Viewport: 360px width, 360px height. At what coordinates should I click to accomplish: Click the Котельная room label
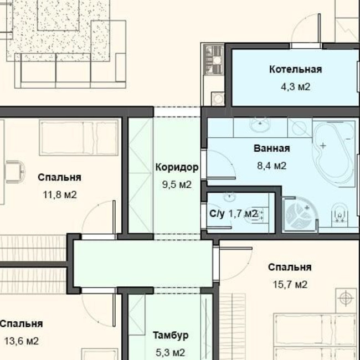pyautogui.click(x=296, y=69)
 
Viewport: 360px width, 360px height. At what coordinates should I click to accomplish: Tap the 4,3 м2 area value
pyautogui.click(x=296, y=87)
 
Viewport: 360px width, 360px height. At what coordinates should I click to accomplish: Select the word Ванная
pyautogui.click(x=271, y=148)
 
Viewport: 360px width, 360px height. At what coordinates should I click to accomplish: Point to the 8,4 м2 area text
pyautogui.click(x=271, y=166)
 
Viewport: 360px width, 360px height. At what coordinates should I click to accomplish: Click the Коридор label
pyautogui.click(x=177, y=167)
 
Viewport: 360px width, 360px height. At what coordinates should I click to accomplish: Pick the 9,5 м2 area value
pyautogui.click(x=177, y=184)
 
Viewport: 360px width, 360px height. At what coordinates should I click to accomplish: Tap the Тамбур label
pyautogui.click(x=171, y=336)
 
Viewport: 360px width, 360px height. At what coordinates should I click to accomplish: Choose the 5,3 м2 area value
pyautogui.click(x=171, y=353)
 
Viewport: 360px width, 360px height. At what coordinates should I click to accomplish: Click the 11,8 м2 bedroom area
pyautogui.click(x=60, y=195)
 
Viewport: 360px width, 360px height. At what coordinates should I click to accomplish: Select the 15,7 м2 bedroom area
pyautogui.click(x=290, y=285)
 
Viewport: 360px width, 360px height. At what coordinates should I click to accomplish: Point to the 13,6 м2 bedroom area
pyautogui.click(x=22, y=341)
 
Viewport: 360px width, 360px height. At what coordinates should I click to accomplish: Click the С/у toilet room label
pyautogui.click(x=217, y=214)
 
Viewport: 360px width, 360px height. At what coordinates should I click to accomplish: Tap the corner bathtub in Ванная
pyautogui.click(x=333, y=152)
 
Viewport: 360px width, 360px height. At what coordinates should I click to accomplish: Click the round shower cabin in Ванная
pyautogui.click(x=300, y=214)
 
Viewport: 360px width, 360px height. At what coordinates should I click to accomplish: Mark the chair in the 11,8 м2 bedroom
pyautogui.click(x=15, y=172)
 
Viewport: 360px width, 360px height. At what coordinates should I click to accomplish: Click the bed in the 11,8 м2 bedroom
pyautogui.click(x=79, y=137)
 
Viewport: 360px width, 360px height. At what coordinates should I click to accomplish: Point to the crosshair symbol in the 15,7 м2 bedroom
pyautogui.click(x=346, y=299)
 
